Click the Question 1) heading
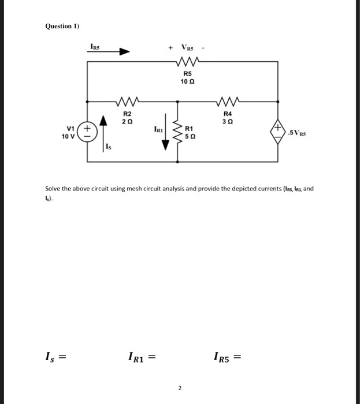(61, 26)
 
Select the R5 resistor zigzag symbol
(187, 61)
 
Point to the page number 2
(179, 388)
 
